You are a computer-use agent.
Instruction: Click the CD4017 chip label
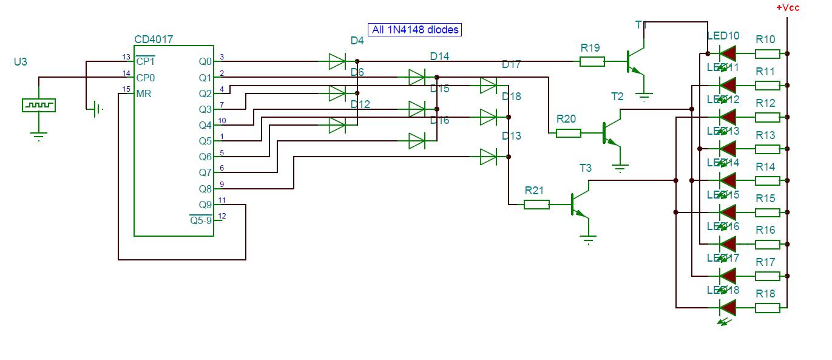pyautogui.click(x=154, y=39)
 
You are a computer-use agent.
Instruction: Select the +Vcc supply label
pyautogui.click(x=788, y=8)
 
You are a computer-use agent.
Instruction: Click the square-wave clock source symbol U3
pyautogui.click(x=38, y=105)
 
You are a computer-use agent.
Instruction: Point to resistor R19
pyautogui.click(x=592, y=61)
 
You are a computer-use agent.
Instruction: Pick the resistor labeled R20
pyautogui.click(x=569, y=133)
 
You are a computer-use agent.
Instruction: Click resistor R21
pyautogui.click(x=536, y=205)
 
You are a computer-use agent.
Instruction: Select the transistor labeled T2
pyautogui.click(x=610, y=133)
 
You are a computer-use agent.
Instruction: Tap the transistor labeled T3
pyautogui.click(x=578, y=205)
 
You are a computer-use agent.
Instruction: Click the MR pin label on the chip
pyautogui.click(x=144, y=94)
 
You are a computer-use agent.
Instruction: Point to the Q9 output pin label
pyautogui.click(x=205, y=205)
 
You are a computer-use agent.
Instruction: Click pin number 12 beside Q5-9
pyautogui.click(x=222, y=216)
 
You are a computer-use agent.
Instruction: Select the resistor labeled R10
pyautogui.click(x=767, y=53)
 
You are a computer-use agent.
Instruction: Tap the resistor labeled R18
pyautogui.click(x=767, y=308)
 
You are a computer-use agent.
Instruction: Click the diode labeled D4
pyautogui.click(x=337, y=61)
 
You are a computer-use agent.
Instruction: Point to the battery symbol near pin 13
pyautogui.click(x=95, y=110)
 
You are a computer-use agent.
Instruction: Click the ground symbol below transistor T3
pyautogui.click(x=587, y=239)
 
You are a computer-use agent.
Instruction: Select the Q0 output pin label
pyautogui.click(x=205, y=62)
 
